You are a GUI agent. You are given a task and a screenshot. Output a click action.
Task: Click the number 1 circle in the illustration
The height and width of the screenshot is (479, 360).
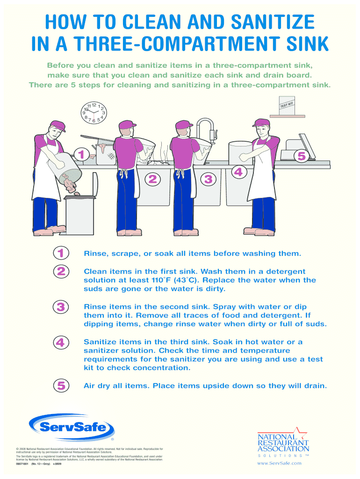pos(81,154)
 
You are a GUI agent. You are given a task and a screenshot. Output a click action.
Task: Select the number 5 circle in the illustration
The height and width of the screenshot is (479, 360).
pos(302,156)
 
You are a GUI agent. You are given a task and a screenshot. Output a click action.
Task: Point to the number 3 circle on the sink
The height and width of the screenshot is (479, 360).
pos(208,179)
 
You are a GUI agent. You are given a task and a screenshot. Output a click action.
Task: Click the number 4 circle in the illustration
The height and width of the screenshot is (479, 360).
pos(238,172)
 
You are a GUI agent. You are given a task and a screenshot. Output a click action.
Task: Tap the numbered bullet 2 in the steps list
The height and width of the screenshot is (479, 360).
pos(61,271)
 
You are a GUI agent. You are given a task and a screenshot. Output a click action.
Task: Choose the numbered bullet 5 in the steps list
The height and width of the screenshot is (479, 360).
pos(61,385)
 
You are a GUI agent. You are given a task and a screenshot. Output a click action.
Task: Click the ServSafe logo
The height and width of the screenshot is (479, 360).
pos(72,427)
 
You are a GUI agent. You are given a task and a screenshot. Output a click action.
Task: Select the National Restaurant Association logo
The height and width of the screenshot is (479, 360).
pos(283,442)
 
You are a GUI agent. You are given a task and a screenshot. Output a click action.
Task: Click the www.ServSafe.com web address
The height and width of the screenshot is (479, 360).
pos(280,463)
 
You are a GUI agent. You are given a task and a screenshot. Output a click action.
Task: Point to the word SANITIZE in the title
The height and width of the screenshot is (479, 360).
pos(273,22)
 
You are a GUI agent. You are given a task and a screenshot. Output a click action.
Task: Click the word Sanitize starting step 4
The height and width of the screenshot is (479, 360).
pos(100,342)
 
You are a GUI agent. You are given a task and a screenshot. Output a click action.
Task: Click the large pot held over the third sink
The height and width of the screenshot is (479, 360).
pos(241,153)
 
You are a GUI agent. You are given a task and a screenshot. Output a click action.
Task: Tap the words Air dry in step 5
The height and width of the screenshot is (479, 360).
pos(97,386)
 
